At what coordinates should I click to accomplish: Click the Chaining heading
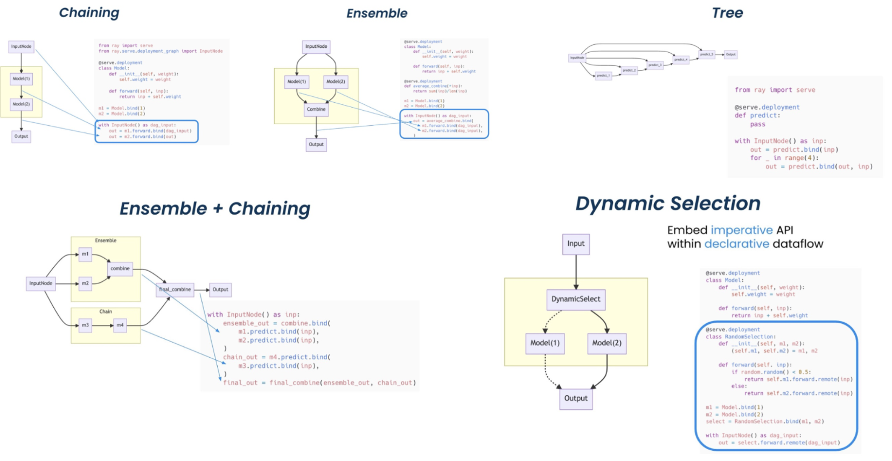[x=89, y=13]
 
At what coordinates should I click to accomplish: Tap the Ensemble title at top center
[x=377, y=13]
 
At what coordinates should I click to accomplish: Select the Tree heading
[x=727, y=13]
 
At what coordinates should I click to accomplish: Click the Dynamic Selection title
[x=667, y=203]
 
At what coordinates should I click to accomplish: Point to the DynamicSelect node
[x=575, y=299]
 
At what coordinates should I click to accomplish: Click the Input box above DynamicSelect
[x=575, y=244]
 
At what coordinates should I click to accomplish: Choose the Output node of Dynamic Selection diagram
[x=575, y=399]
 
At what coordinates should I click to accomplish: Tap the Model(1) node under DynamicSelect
[x=545, y=343]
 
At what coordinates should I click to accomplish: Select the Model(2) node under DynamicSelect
[x=607, y=343]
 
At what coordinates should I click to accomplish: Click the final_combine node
[x=175, y=289]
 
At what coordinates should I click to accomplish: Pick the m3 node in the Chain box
[x=85, y=325]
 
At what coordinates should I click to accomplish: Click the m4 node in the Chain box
[x=120, y=325]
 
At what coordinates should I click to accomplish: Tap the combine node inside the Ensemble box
[x=120, y=268]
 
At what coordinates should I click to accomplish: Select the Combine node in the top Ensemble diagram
[x=316, y=109]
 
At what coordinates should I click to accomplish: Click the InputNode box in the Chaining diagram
[x=21, y=47]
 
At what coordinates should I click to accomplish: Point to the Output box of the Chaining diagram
[x=21, y=137]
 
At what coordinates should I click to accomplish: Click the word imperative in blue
[x=741, y=230]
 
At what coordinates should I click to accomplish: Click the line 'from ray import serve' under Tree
[x=775, y=90]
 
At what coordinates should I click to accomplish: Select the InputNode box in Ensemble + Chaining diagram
[x=40, y=283]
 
